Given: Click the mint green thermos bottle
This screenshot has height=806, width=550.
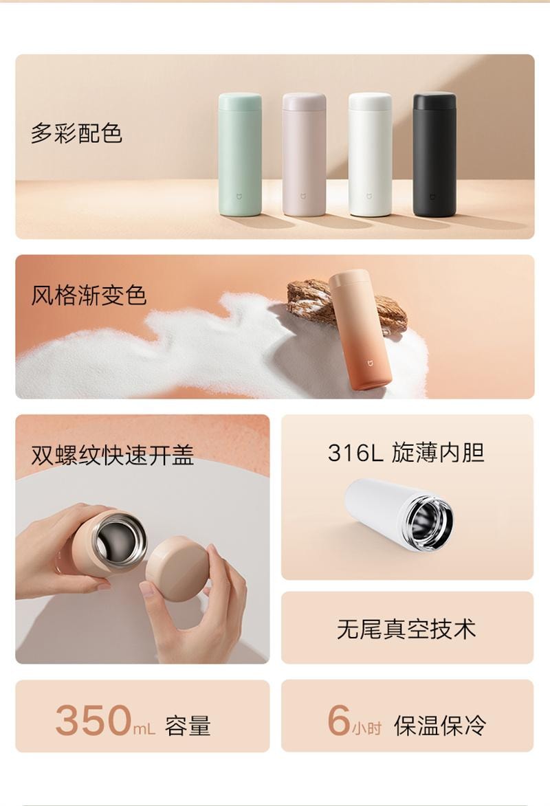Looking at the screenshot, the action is coord(240,154).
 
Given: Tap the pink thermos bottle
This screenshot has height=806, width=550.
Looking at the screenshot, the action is coord(304,154).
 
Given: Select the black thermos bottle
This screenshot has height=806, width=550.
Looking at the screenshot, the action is coord(434,154).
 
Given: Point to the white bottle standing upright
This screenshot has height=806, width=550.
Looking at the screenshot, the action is coord(370,154).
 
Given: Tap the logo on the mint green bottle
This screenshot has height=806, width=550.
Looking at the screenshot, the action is coord(239,197).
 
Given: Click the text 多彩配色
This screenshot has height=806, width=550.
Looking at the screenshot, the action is coord(76,133).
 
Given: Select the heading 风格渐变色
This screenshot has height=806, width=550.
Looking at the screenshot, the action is coord(89,295).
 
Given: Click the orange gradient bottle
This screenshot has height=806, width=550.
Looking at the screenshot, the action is coord(360,329).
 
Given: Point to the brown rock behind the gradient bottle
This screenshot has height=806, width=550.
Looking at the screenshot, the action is coord(344,303).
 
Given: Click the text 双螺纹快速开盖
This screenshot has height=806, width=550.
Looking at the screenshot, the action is coord(112,455).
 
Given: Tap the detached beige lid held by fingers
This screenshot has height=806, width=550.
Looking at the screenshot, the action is coord(177,568).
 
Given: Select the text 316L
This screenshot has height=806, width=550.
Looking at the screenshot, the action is coord(355,453).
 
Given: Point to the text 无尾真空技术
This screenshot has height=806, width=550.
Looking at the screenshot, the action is coord(406,629).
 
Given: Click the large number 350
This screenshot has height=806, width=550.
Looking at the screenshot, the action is coord(93,720).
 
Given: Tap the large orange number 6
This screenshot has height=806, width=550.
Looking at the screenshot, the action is coord(338,719).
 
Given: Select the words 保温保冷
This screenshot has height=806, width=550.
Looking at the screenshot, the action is coord(440,726).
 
